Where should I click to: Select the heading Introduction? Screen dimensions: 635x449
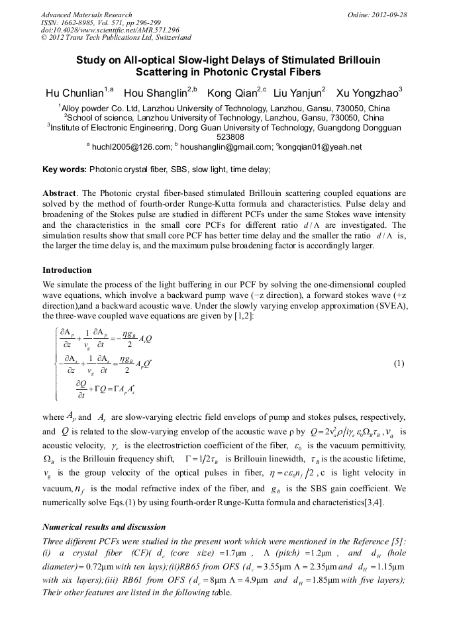pyautogui.click(x=68, y=270)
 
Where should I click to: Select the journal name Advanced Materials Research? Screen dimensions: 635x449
pyautogui.click(x=86, y=15)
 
